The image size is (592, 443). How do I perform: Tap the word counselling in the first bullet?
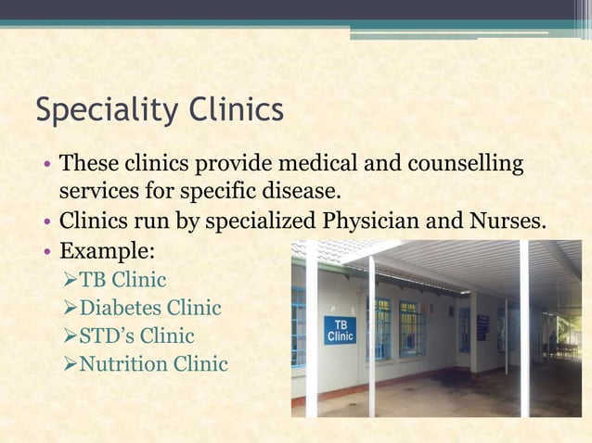coord(463,165)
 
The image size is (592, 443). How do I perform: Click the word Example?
coord(108,251)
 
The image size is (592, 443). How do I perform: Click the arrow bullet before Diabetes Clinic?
coord(68,308)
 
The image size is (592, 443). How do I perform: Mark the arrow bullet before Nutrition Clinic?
coord(68,364)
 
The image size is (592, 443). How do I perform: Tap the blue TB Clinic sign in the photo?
coord(340,330)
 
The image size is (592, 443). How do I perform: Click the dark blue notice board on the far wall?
coord(482,327)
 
